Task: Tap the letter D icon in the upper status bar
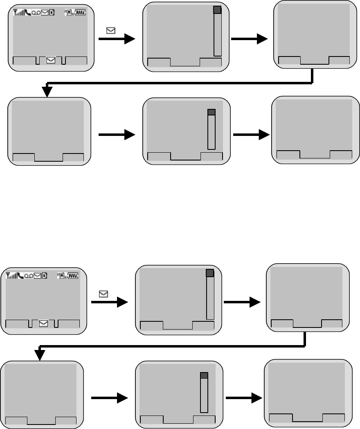52,13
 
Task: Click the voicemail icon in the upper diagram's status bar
36,13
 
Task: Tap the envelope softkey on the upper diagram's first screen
51,60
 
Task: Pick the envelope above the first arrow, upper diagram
110,30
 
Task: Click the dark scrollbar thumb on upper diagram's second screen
218,10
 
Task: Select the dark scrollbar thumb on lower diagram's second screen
210,273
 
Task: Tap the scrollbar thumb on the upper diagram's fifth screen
211,112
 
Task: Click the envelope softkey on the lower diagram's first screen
43,323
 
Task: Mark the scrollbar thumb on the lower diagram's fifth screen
204,375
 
